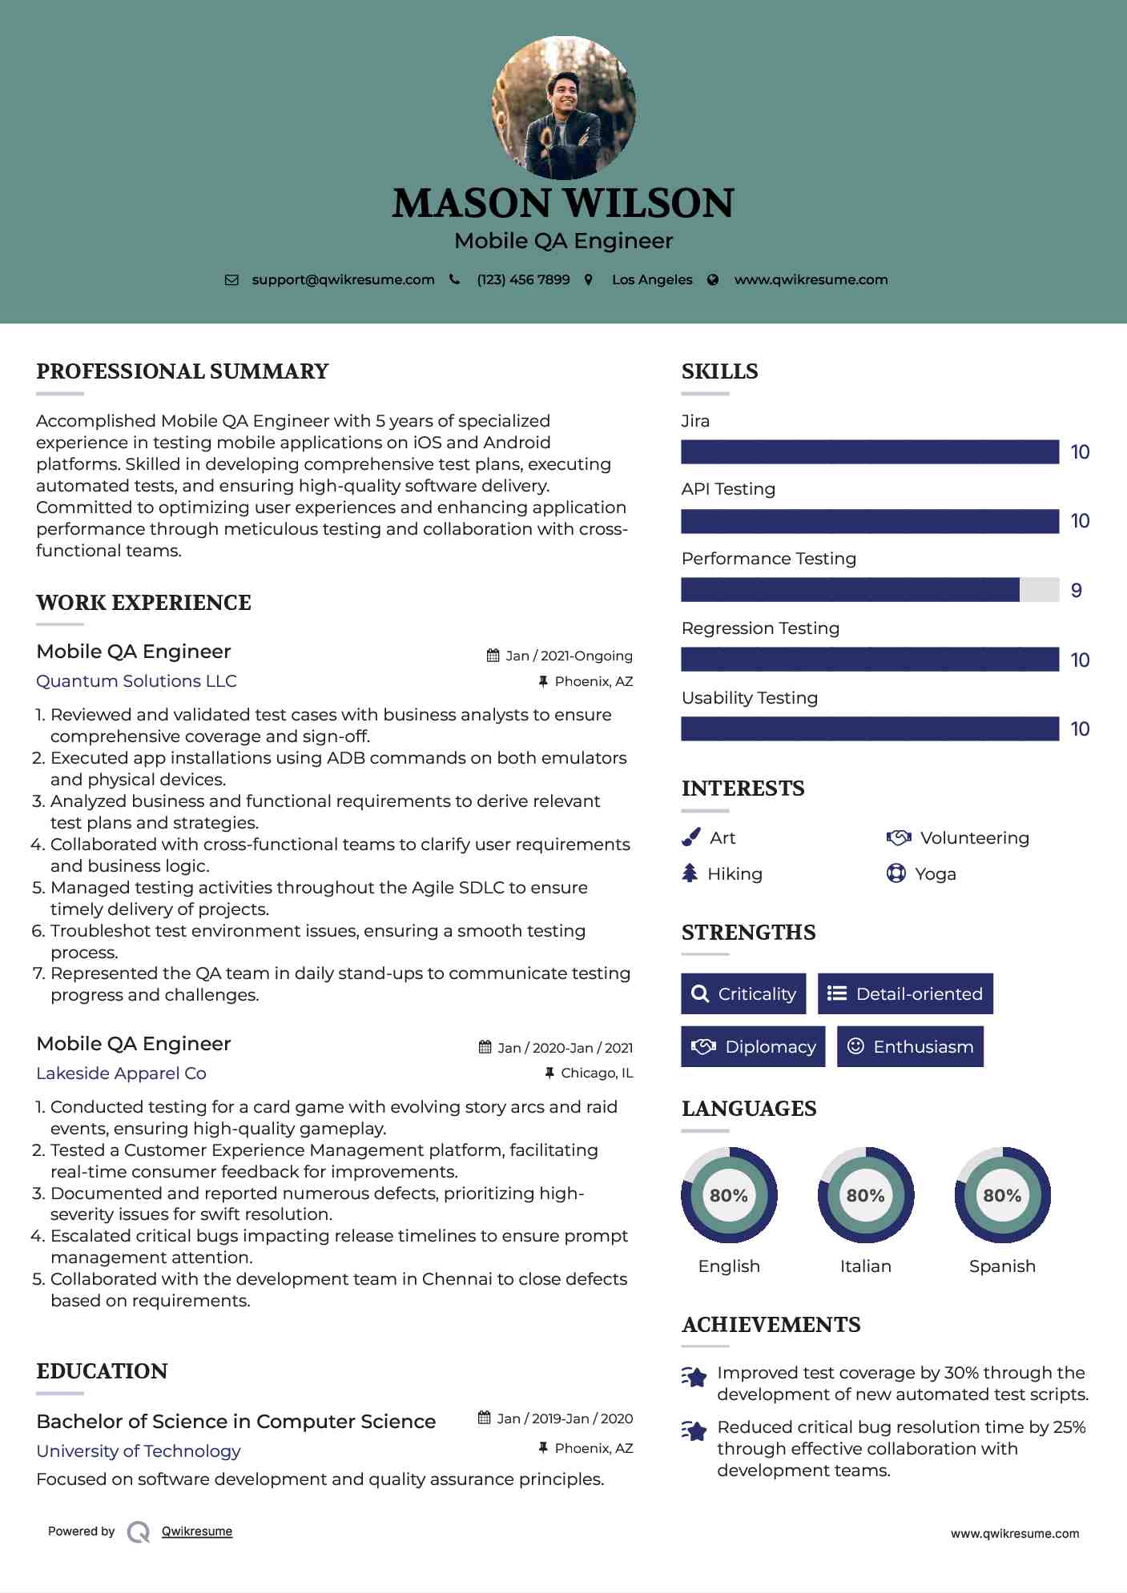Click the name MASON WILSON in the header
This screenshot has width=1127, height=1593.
coord(563,203)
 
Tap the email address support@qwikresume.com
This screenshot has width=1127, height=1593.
coord(343,279)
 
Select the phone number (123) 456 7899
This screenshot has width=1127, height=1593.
coord(523,279)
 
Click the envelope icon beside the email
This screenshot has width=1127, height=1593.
coord(231,280)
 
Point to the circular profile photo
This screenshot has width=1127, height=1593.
coord(564,107)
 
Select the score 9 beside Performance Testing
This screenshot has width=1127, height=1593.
coord(1076,591)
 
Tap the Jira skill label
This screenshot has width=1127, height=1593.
coord(695,421)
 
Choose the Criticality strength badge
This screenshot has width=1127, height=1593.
coord(743,993)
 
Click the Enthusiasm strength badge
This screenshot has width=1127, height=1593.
coord(910,1046)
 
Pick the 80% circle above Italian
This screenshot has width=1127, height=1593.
coord(865,1195)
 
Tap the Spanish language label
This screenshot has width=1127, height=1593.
coord(1002,1266)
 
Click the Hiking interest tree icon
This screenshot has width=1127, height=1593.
coord(690,873)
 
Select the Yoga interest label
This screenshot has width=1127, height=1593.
coord(936,874)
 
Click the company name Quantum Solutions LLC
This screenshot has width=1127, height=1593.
coord(136,681)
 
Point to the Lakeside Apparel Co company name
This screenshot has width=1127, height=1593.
coord(121,1073)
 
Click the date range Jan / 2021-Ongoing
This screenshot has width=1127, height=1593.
coord(569,656)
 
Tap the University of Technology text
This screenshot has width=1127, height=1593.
coord(138,1451)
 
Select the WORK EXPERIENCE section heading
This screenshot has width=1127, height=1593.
coord(143,603)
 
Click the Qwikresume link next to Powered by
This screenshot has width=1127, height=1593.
coord(197,1531)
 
